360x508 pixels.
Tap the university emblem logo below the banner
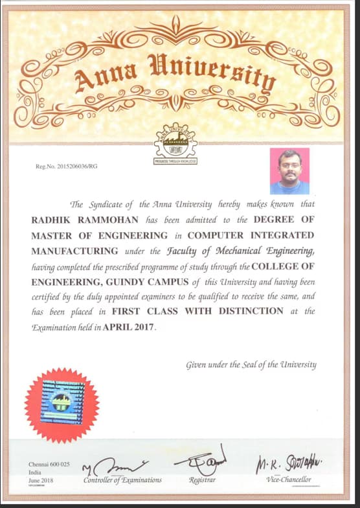(x=175, y=143)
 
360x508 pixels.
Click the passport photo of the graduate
(x=289, y=171)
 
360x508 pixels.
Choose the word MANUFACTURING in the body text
(x=75, y=251)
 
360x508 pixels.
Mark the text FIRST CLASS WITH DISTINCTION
(x=202, y=311)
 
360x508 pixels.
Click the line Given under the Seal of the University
(x=251, y=364)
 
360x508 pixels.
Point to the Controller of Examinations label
(x=122, y=480)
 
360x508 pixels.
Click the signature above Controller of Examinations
(x=117, y=465)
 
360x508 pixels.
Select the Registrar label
(x=201, y=480)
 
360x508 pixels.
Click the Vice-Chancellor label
(x=289, y=479)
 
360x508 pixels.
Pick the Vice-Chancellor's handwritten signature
(x=288, y=463)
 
